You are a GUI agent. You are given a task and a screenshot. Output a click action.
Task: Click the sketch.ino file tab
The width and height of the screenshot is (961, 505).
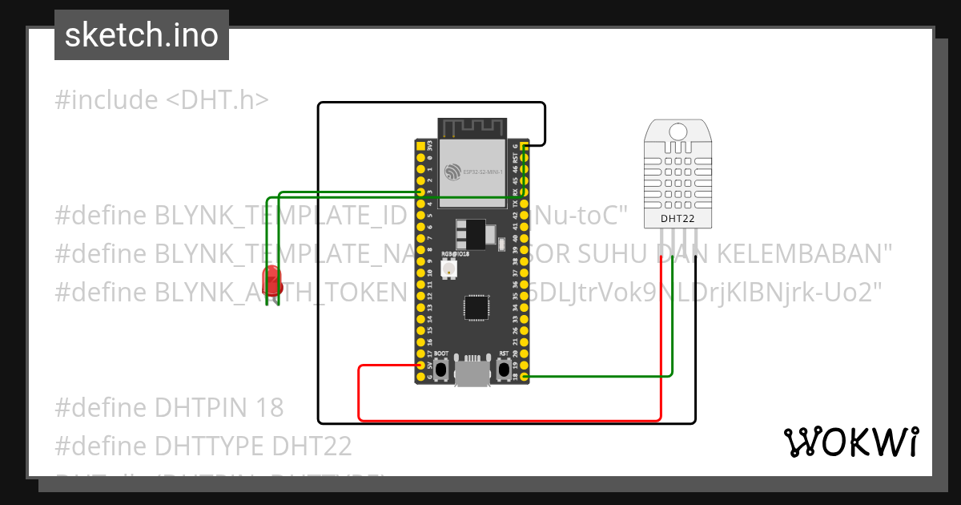click(142, 35)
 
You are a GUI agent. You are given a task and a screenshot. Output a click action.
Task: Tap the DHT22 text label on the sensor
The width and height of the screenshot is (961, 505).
click(677, 218)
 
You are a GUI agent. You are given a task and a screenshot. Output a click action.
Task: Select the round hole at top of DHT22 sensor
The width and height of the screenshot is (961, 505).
click(678, 131)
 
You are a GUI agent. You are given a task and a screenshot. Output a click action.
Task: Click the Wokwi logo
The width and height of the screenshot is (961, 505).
click(850, 442)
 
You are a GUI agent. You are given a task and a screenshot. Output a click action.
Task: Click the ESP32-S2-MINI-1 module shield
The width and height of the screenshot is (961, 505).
click(472, 169)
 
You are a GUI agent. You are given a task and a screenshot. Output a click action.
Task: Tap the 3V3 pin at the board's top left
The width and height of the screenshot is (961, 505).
click(420, 147)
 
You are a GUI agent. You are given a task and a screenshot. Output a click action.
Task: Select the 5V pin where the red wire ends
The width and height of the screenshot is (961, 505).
click(420, 365)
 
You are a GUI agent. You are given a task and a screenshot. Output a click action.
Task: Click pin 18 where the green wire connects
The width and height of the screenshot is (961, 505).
click(524, 376)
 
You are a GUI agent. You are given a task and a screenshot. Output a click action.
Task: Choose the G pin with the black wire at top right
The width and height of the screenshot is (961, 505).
click(524, 147)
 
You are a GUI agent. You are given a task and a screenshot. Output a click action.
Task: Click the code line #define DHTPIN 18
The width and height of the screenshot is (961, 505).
click(169, 407)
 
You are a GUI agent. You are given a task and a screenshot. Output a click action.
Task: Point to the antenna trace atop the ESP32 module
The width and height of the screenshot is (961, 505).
click(472, 127)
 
